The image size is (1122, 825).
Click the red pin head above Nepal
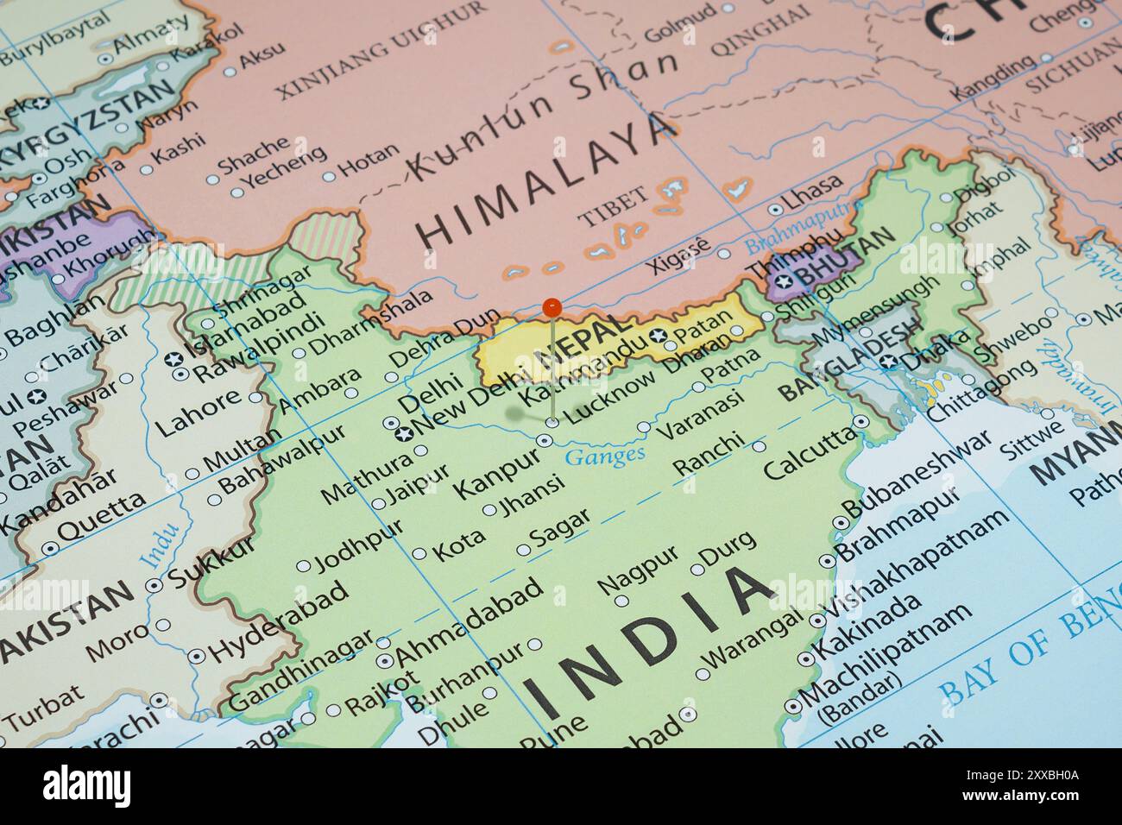(x=552, y=307)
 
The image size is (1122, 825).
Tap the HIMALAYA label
(x=545, y=179)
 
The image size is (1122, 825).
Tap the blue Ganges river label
(x=604, y=455)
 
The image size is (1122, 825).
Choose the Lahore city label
(x=199, y=413)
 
